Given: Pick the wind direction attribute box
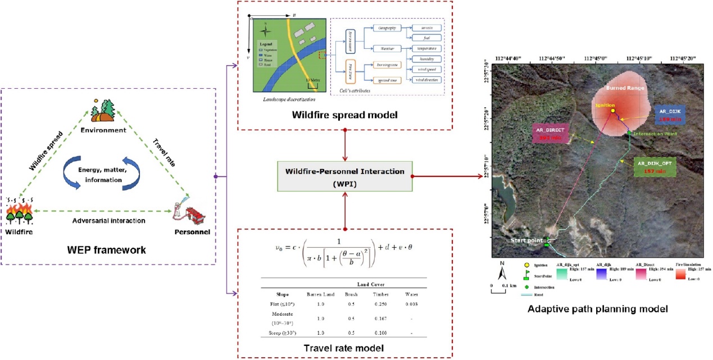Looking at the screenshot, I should point(426,81).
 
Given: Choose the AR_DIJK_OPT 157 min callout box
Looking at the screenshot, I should point(651,167).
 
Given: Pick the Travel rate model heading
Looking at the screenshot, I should point(344,348).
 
